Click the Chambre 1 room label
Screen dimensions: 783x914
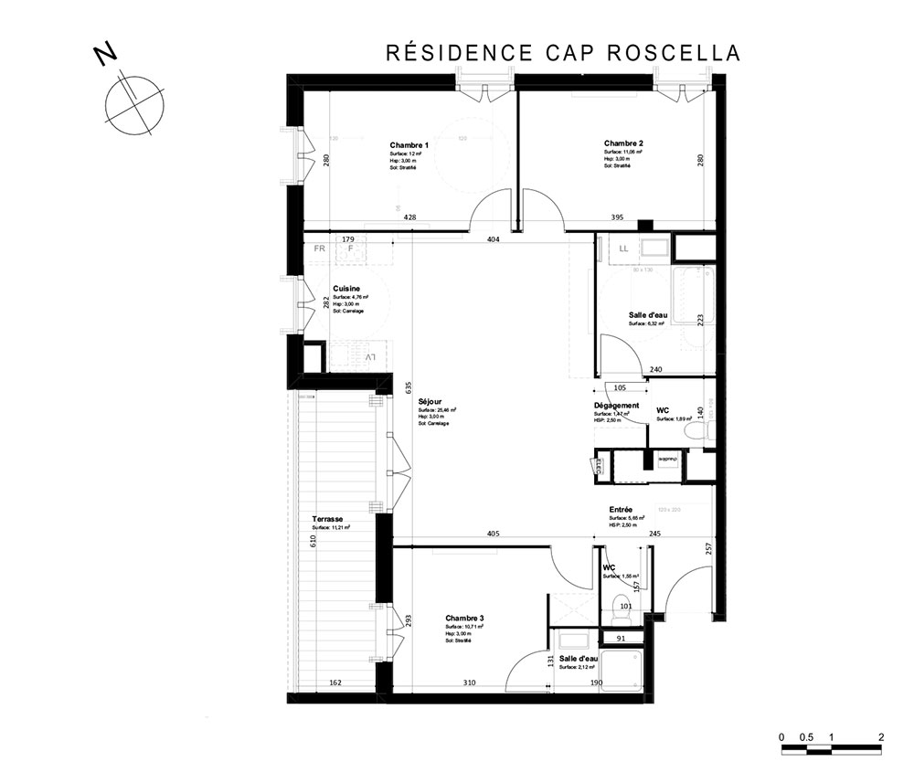click(409, 146)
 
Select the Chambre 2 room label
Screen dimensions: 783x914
click(624, 143)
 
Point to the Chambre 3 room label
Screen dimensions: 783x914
click(464, 619)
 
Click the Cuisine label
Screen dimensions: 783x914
click(345, 289)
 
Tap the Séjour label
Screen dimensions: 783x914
click(430, 401)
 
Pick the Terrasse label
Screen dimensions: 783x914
click(326, 519)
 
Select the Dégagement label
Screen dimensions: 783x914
click(616, 406)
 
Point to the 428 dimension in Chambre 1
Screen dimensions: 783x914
click(410, 217)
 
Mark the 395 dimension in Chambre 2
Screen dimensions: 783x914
click(617, 217)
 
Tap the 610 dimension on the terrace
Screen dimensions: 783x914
click(313, 541)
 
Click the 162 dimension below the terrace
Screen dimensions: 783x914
click(335, 683)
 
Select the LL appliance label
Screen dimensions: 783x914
click(624, 249)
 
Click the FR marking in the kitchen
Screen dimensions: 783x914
click(320, 249)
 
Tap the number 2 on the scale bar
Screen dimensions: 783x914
click(880, 736)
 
